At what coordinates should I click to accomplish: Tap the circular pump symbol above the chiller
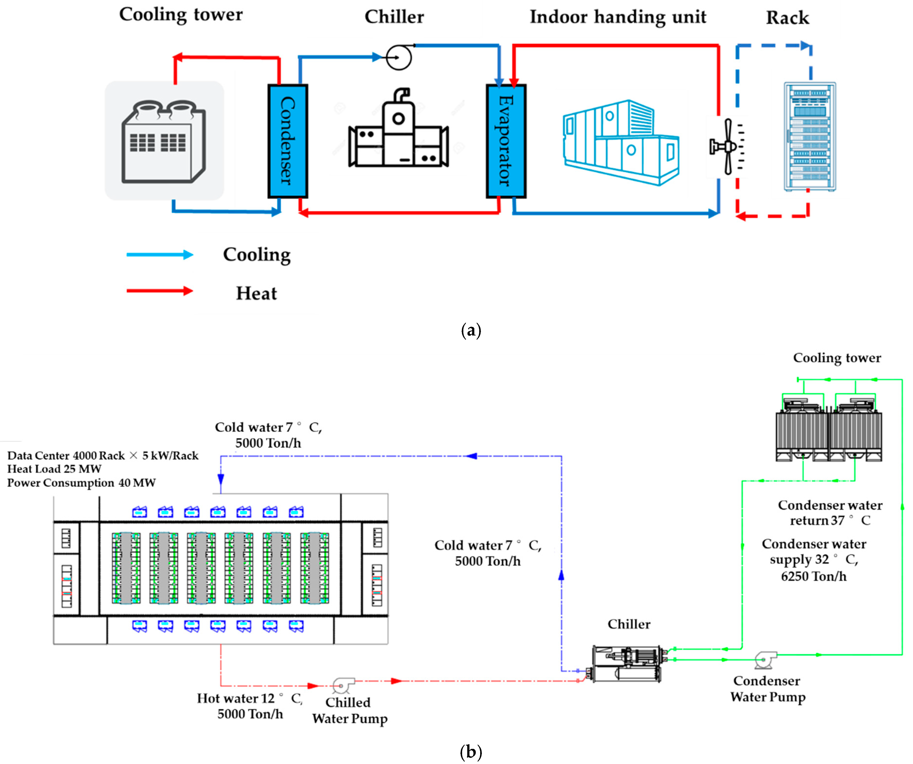tap(399, 57)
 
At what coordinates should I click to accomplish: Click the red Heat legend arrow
tap(160, 291)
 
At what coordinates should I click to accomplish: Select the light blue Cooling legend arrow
tap(160, 255)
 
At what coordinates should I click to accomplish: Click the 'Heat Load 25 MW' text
tap(54, 469)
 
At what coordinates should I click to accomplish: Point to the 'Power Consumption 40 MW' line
tap(81, 483)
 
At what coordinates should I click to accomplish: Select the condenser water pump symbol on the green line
tap(765, 660)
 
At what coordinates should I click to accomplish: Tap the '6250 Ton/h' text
tap(813, 576)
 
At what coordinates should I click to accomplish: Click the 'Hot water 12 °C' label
tap(249, 698)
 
